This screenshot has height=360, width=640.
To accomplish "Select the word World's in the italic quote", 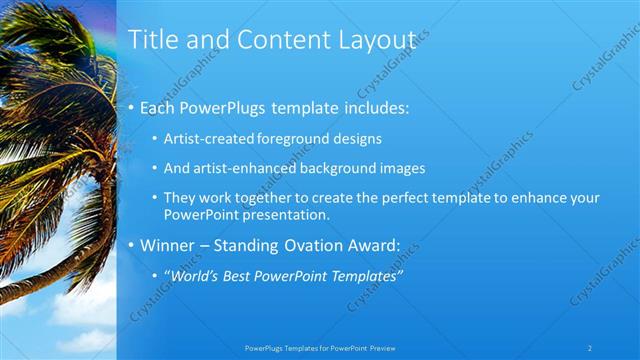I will point(190,275).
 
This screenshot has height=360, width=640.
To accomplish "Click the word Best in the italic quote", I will point(236,275).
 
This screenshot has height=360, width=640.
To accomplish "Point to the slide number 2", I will point(590,347).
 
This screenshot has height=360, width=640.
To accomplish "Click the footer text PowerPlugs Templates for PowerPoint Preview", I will point(319,347).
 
